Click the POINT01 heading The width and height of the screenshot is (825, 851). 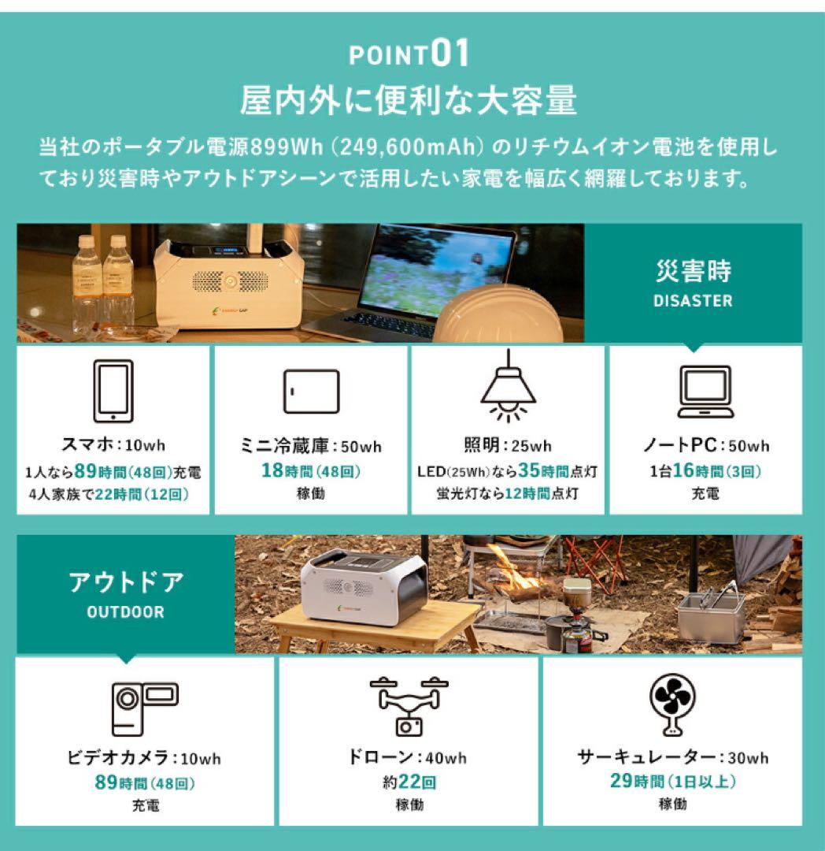[409, 55]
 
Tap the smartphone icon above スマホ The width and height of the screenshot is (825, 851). [113, 391]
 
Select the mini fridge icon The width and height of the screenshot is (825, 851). [311, 392]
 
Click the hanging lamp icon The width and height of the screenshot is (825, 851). [508, 386]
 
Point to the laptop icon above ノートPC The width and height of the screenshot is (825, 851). [705, 392]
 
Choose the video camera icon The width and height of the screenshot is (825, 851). [144, 708]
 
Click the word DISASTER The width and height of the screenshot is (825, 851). [693, 300]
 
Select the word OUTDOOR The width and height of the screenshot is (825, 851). [126, 612]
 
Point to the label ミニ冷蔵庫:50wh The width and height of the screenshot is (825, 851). [311, 446]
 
